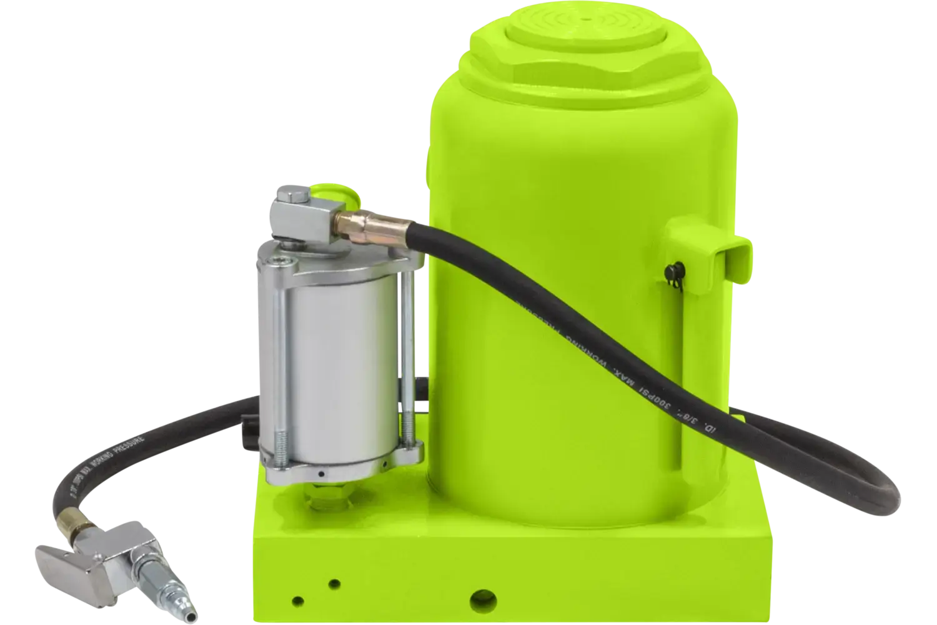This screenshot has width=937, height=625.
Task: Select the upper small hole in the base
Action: pos(335,584)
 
